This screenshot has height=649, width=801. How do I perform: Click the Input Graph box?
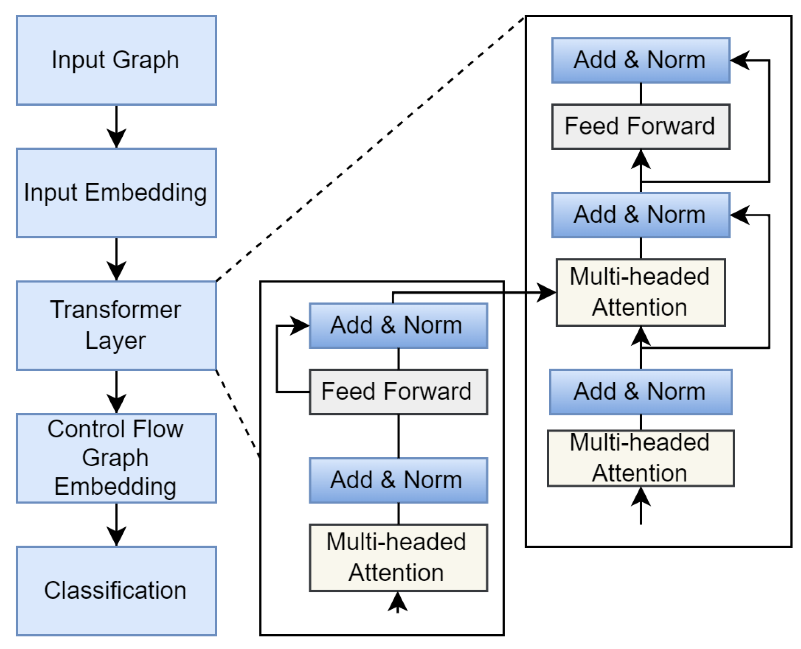point(116,60)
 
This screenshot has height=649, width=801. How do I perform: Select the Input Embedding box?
point(116,193)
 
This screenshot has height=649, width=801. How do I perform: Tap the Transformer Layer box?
point(116,326)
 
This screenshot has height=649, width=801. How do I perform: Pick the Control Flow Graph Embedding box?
point(116,458)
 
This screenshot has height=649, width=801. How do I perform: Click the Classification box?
point(116,591)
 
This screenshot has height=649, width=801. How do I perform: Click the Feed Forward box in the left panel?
point(398,392)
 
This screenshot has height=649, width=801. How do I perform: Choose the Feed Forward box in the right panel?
point(640,127)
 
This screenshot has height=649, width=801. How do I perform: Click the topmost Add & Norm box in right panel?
point(640,60)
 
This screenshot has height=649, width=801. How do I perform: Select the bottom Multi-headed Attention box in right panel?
point(640,458)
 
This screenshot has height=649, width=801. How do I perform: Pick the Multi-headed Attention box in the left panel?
point(398,557)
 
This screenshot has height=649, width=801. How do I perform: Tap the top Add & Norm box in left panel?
point(398,326)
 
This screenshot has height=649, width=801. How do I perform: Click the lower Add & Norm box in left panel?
point(398,480)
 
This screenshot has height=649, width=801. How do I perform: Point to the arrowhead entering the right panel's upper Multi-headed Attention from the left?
point(547,292)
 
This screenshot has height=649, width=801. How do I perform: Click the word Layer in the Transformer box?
point(115,341)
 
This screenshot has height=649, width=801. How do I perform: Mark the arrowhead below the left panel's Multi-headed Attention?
point(397,602)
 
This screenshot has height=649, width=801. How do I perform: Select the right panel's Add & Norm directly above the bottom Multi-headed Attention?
point(640,392)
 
